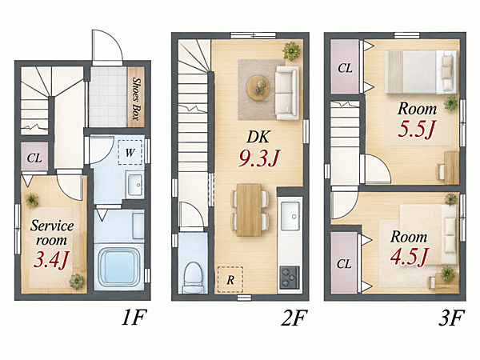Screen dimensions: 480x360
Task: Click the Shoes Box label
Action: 136,98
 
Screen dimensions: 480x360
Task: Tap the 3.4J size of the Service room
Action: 52,259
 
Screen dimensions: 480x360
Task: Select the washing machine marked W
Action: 130,152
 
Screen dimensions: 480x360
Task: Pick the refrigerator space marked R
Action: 230,279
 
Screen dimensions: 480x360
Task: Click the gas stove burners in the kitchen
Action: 290,278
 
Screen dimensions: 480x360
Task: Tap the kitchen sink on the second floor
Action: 290,216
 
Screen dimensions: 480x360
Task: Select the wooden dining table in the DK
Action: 250,210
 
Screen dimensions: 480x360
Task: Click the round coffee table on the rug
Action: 258,87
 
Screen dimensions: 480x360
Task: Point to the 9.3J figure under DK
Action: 259,158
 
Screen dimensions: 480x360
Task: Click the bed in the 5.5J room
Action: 421,72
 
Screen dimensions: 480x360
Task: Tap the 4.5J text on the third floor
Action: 409,256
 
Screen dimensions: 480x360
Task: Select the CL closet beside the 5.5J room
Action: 345,66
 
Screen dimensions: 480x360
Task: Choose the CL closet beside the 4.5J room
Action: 344,263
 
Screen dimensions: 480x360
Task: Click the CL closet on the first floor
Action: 34,157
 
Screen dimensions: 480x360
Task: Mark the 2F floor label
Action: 294,318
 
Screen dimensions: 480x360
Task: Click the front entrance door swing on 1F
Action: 108,46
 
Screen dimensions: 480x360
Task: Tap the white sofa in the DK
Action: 287,93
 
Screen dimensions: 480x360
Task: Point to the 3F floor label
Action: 451,318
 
